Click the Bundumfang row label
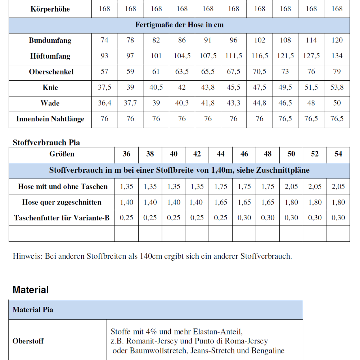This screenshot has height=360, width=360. click(x=50, y=40)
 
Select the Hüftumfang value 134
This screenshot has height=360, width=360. click(x=337, y=56)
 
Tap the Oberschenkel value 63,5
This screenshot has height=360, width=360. click(x=182, y=72)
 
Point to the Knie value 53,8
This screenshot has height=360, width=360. click(x=337, y=87)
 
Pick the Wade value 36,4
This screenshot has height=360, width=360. click(x=104, y=103)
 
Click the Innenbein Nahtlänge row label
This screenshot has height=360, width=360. click(x=50, y=119)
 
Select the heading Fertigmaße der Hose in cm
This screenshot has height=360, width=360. click(x=179, y=25)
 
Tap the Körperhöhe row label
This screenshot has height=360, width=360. click(x=50, y=9)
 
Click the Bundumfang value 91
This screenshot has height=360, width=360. click(x=208, y=40)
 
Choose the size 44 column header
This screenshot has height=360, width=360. click(x=221, y=154)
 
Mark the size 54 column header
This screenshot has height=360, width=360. click(x=338, y=154)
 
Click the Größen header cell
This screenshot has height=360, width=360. click(x=62, y=154)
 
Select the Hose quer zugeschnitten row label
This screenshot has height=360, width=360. click(x=62, y=202)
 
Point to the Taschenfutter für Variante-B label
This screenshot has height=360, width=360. click(x=62, y=218)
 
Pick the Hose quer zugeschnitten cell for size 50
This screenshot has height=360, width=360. click(x=291, y=202)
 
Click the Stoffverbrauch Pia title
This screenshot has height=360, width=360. click(x=46, y=143)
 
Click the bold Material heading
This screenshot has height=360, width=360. click(x=31, y=290)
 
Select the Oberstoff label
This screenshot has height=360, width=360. click(x=28, y=341)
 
